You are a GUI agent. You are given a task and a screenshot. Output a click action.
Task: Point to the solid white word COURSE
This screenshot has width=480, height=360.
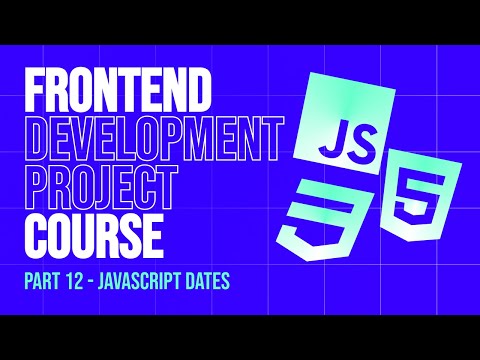93,232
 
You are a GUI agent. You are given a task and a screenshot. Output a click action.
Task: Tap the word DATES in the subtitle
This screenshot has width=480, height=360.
207,281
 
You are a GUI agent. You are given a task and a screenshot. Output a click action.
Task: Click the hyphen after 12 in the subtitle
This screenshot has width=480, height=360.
96,281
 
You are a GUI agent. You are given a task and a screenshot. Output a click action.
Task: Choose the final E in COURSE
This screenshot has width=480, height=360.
152,232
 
